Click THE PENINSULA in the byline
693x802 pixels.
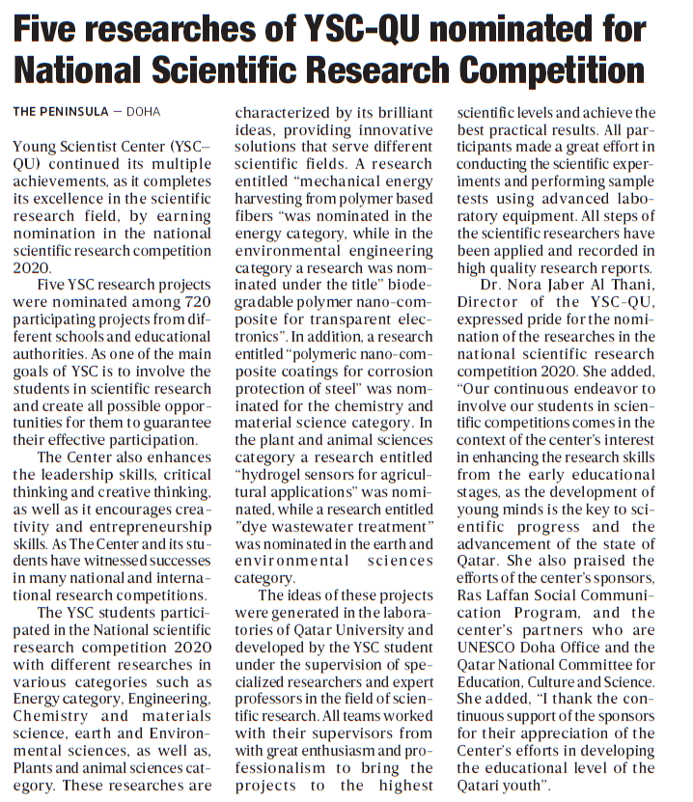[61, 112]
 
